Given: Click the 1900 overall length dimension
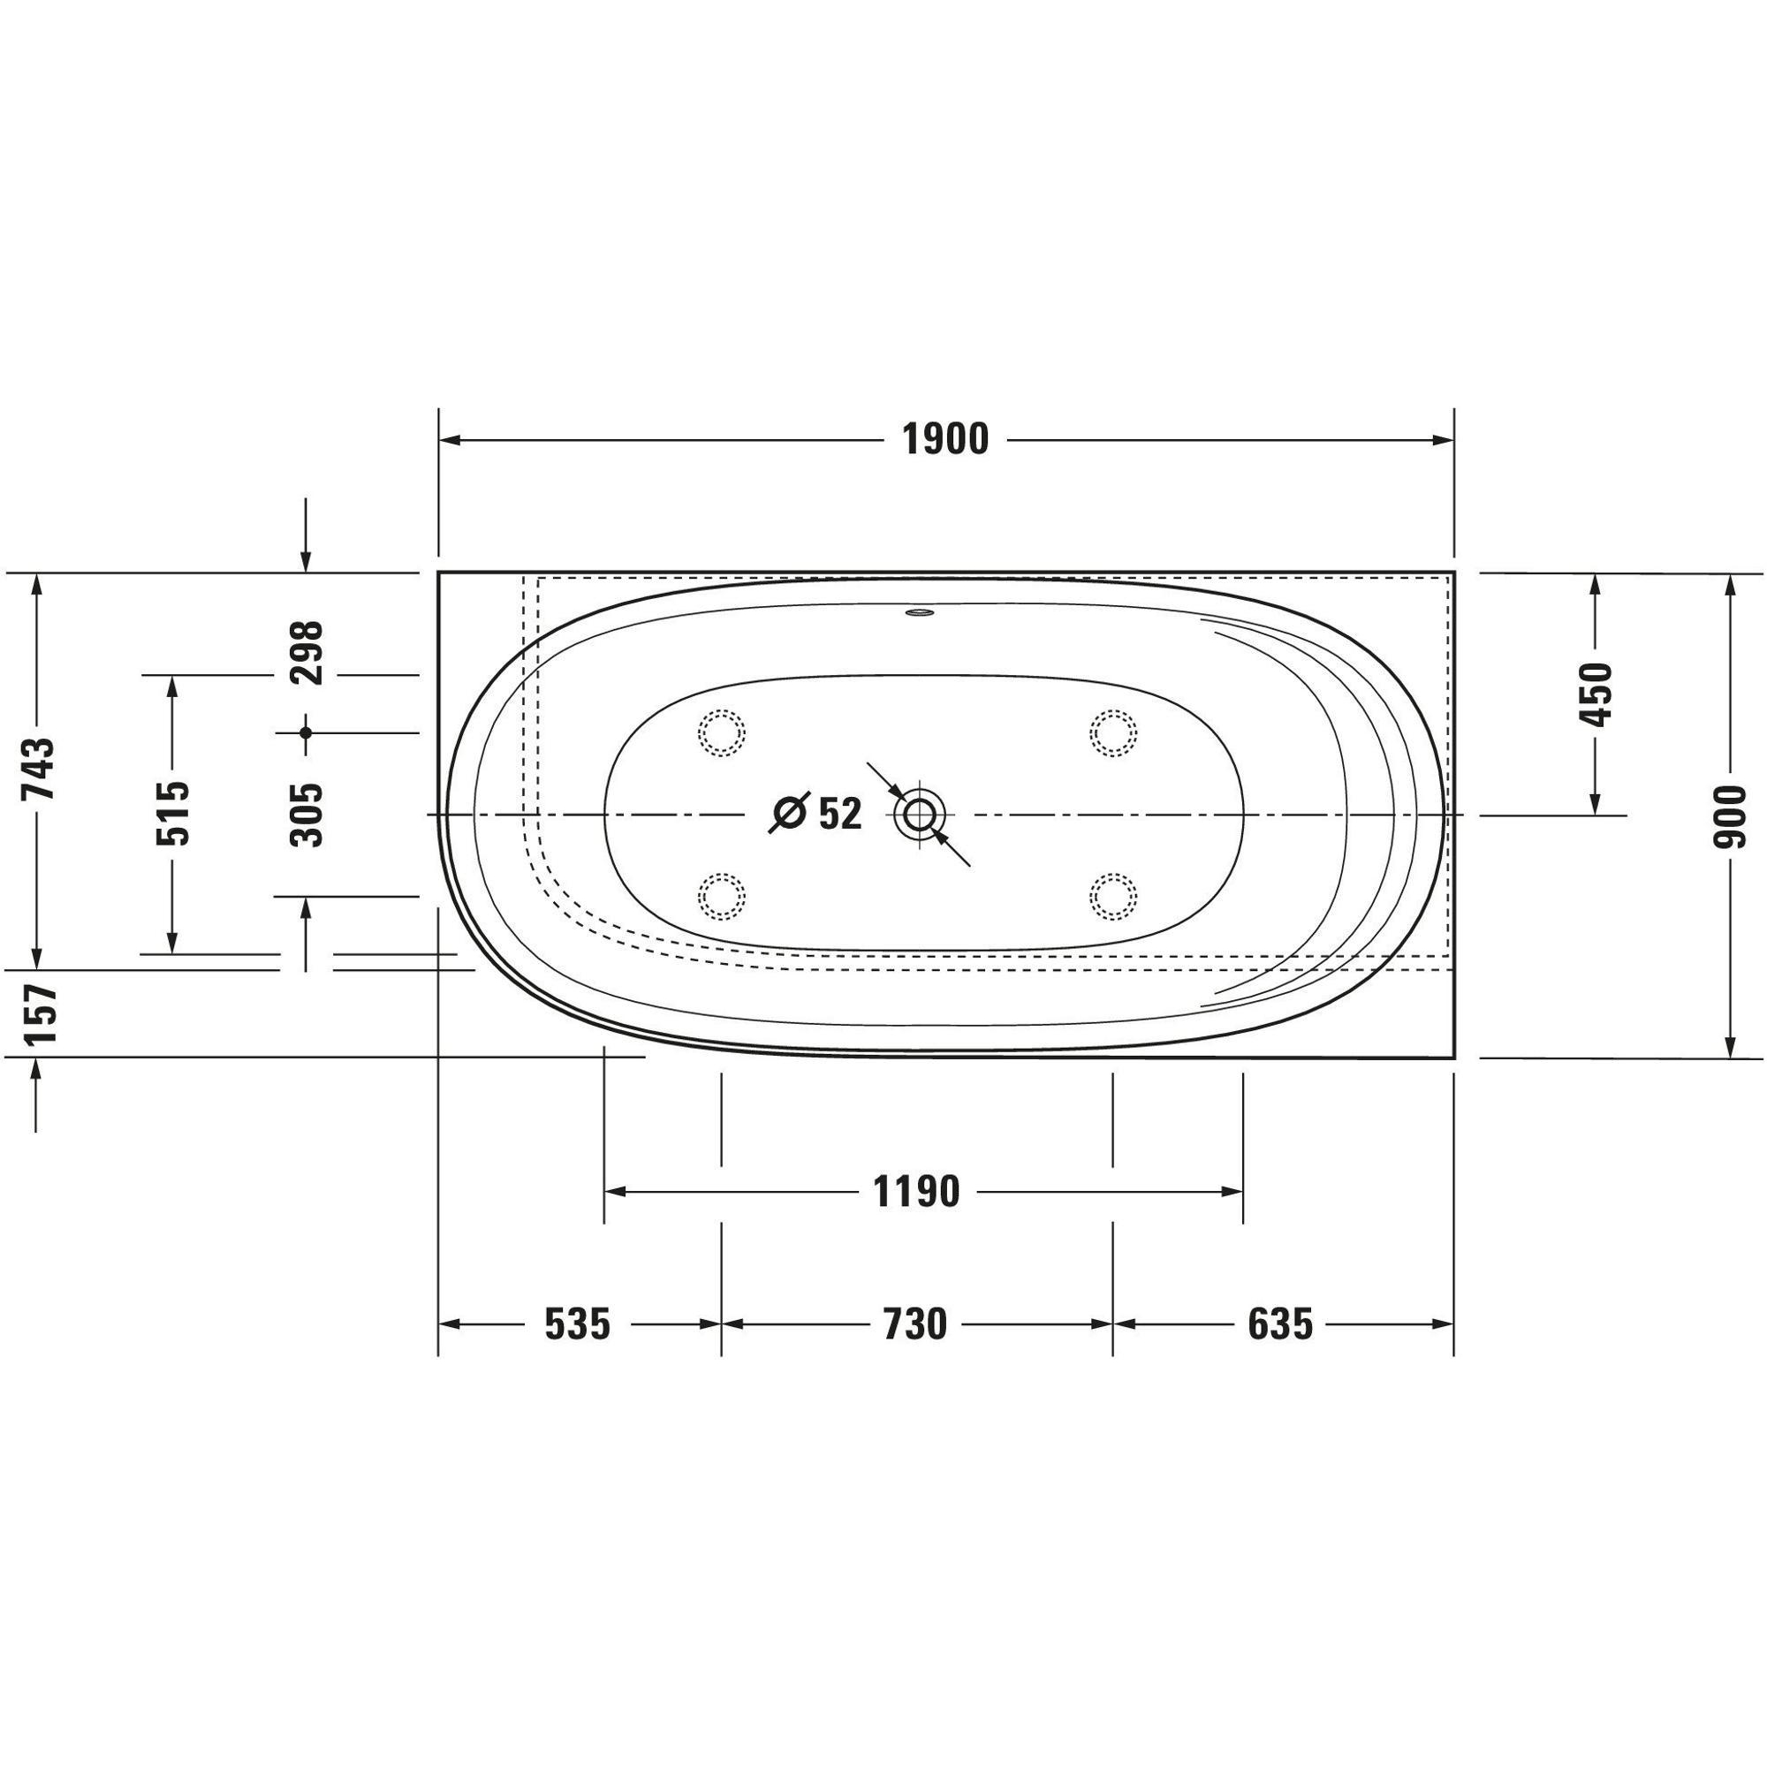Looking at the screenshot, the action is click(x=945, y=440).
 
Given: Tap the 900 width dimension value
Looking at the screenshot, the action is click(x=1729, y=815).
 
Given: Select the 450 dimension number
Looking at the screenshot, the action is click(x=1596, y=694).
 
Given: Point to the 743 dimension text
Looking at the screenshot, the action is click(x=41, y=770).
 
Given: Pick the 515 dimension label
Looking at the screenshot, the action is click(x=172, y=813).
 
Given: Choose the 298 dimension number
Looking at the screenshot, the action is click(x=306, y=653).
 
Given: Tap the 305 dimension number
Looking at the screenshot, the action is click(x=306, y=814).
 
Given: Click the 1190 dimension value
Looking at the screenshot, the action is click(x=916, y=1192).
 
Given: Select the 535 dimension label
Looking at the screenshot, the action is click(x=577, y=1323).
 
